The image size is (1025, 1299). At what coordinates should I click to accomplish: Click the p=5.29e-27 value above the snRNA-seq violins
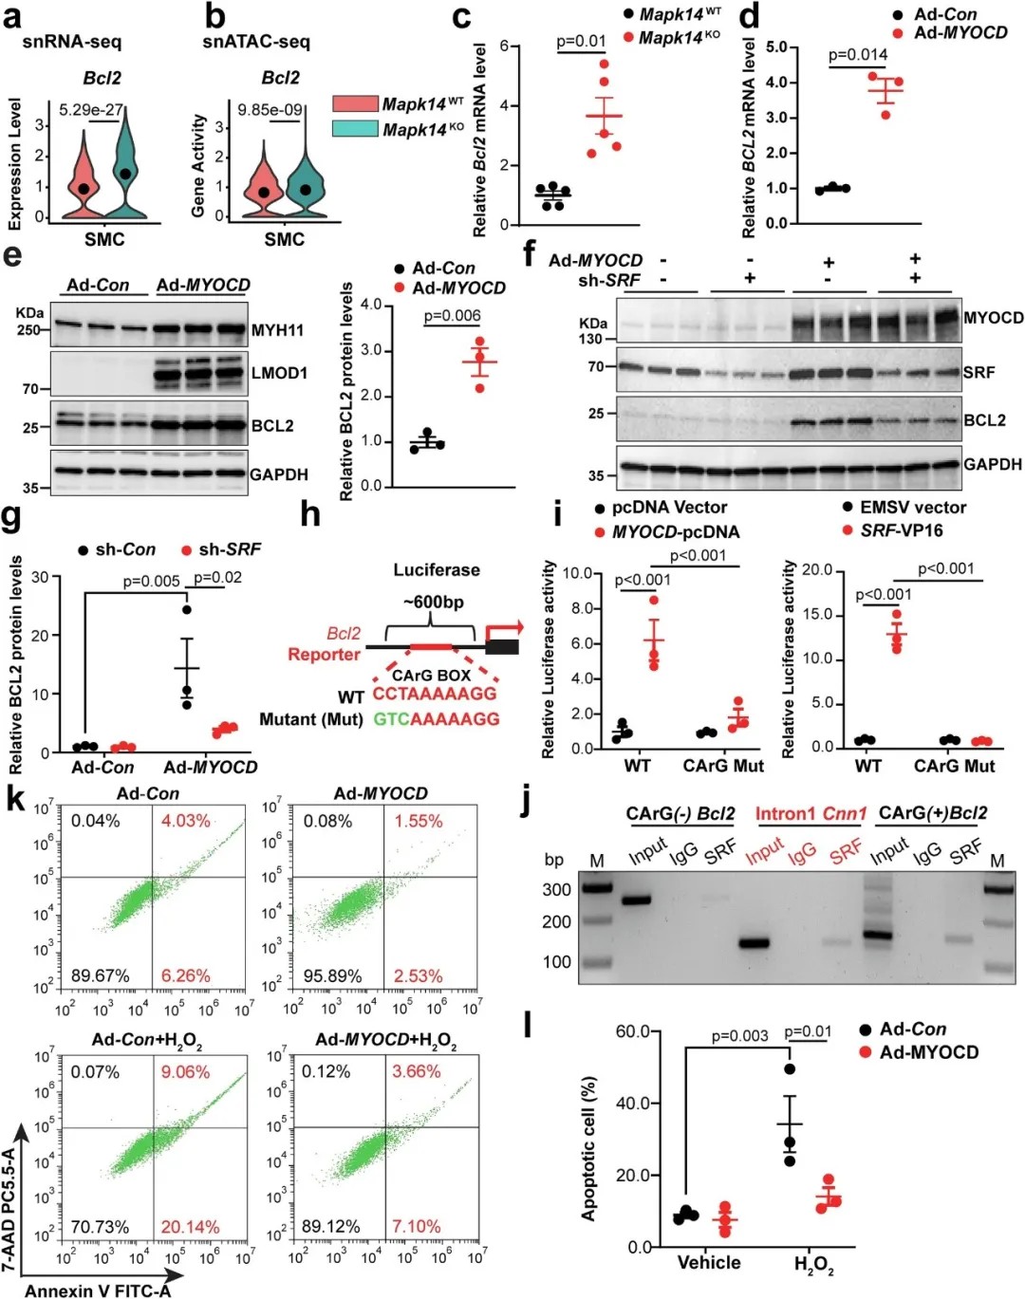tap(90, 110)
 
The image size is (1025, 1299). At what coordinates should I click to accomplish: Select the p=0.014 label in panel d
tap(857, 54)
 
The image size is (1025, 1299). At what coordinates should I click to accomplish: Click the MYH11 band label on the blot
tap(277, 330)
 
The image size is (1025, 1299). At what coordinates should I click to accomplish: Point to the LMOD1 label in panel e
tap(279, 373)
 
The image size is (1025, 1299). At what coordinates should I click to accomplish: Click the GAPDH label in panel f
tap(993, 464)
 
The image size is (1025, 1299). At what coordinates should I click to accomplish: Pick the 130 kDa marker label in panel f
tap(590, 339)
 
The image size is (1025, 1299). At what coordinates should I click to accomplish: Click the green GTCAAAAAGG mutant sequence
tap(437, 718)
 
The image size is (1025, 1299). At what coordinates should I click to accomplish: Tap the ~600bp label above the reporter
tap(434, 602)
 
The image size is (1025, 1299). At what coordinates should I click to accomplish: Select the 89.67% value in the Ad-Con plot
tap(100, 974)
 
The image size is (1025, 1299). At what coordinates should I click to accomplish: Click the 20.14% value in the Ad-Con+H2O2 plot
tap(190, 1227)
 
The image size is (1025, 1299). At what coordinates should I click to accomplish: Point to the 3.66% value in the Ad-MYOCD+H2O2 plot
tap(417, 1071)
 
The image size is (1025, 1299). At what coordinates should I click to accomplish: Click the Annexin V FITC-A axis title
tap(98, 1290)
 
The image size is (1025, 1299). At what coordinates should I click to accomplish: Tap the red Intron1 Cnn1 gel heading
tap(811, 813)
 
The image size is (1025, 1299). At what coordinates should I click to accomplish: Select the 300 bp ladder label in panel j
tap(556, 889)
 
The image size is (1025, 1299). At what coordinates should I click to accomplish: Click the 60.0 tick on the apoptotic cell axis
tap(633, 1031)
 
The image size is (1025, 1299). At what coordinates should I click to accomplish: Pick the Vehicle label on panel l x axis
tap(708, 1262)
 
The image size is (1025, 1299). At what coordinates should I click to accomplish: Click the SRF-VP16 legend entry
tap(901, 530)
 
